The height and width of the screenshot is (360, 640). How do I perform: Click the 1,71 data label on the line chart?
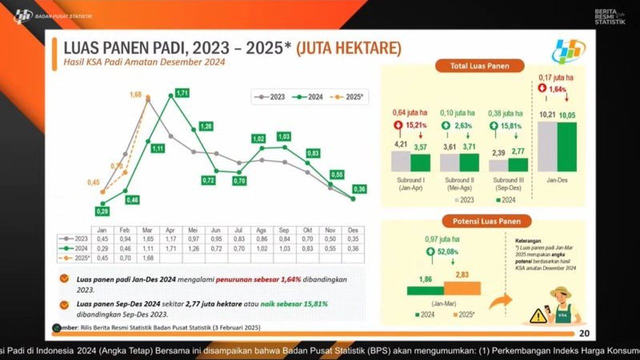182,93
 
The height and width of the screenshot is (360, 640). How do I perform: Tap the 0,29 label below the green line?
102,212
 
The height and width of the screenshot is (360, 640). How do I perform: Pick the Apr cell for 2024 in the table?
170,247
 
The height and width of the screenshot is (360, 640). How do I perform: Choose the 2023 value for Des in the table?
353,239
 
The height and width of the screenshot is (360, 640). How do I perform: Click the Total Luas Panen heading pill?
472,66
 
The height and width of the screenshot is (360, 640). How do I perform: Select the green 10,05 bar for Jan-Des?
566,147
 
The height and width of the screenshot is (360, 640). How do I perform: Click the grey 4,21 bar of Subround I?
400,161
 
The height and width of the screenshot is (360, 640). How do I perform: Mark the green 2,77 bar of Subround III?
517,164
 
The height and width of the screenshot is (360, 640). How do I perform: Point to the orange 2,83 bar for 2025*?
462,288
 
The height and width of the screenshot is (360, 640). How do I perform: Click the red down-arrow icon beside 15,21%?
398,126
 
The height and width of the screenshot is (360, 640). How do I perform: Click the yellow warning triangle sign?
538,315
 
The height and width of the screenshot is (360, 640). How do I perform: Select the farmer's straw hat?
560,291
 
